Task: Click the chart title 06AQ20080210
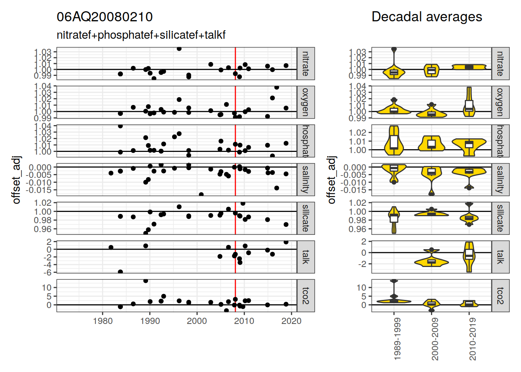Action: pos(105,17)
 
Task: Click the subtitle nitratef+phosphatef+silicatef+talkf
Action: pos(141,35)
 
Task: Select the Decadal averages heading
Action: pos(426,17)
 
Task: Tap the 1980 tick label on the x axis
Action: pos(103,321)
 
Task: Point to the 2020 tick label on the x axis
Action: pos(291,321)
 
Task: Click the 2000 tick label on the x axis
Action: pos(197,321)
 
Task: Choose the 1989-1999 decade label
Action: pos(397,339)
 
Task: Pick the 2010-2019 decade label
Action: pos(472,339)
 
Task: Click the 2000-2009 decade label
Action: pos(435,339)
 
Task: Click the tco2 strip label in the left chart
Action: pos(305,296)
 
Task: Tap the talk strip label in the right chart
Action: pos(500,257)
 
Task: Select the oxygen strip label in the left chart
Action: pos(305,102)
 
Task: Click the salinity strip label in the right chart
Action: pos(500,179)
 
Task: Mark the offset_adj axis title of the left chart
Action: pos(16,180)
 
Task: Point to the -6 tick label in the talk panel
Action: pos(49,272)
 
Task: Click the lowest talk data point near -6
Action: pos(121,272)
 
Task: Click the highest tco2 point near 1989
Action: pos(146,281)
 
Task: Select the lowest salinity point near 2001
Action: pos(201,195)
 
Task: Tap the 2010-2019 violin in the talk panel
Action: pos(469,257)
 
